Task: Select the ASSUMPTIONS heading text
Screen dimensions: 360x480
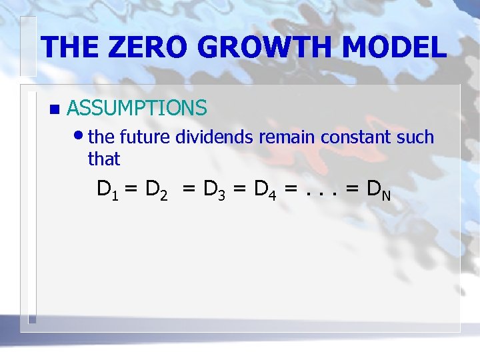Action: (x=137, y=107)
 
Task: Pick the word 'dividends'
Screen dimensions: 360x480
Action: (x=215, y=137)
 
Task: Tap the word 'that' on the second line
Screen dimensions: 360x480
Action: (x=103, y=159)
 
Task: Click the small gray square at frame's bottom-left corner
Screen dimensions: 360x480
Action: (x=31, y=319)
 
